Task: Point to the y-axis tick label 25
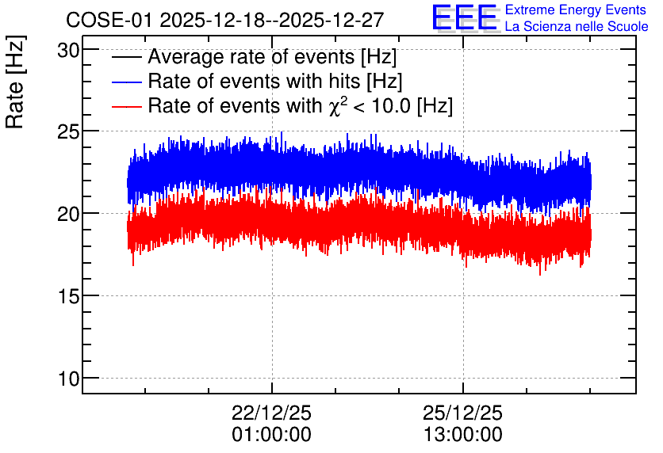click(68, 132)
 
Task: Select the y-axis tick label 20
click(68, 215)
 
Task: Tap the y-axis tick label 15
click(68, 297)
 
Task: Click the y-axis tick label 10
click(68, 379)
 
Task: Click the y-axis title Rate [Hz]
click(15, 82)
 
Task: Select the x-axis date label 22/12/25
click(271, 413)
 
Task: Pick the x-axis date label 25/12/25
click(462, 413)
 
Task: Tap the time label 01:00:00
click(271, 435)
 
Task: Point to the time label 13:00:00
click(463, 435)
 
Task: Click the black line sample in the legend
click(126, 57)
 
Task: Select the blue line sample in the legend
click(126, 82)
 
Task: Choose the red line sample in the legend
click(126, 106)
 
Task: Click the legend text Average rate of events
click(251, 57)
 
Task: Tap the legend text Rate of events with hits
click(254, 82)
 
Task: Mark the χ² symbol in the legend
click(335, 106)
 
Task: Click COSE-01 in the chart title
click(109, 21)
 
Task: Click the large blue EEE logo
click(464, 17)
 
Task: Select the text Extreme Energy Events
click(576, 10)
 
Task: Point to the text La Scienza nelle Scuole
click(577, 26)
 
